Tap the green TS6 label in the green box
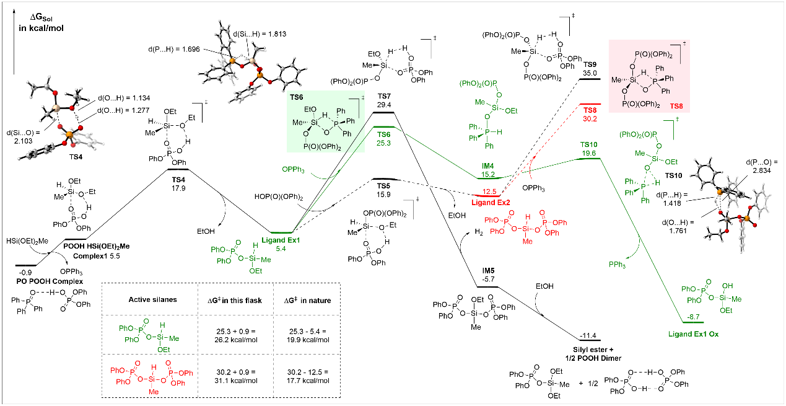pos(297,97)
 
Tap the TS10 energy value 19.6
pos(588,152)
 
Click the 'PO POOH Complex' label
pos(46,281)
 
